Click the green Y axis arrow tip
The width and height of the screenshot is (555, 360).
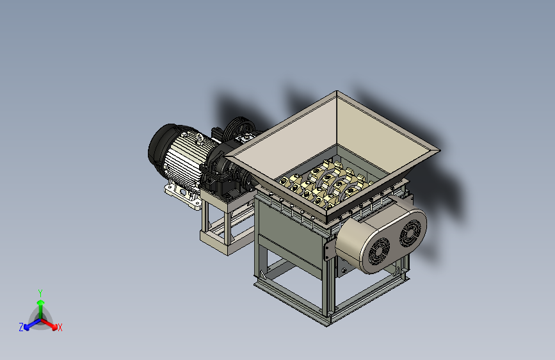[x=40, y=302]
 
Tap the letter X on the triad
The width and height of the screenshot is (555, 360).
[x=60, y=328]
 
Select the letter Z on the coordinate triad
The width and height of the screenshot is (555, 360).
[x=21, y=327]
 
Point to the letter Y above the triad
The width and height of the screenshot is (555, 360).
[x=40, y=293]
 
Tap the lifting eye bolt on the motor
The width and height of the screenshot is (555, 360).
[x=199, y=138]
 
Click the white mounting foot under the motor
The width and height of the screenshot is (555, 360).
[x=182, y=195]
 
